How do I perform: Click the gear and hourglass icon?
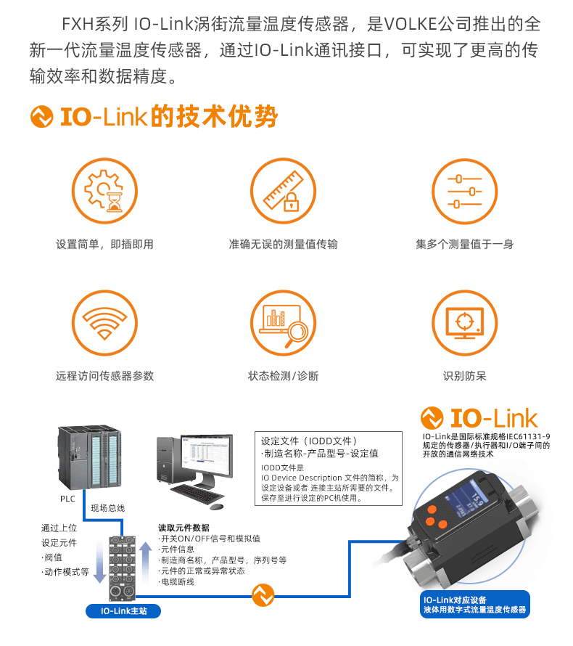tap(104, 191)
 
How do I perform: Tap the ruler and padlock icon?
tap(283, 191)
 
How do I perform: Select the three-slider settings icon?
tap(464, 191)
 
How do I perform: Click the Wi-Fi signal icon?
tap(104, 322)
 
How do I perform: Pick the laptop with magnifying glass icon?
tap(283, 322)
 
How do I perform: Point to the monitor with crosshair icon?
tap(464, 322)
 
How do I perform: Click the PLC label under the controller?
tap(67, 499)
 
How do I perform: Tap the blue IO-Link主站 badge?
tap(123, 611)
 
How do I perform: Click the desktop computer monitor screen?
tap(206, 455)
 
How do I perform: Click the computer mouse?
tap(216, 507)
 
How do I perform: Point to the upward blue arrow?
tap(145, 562)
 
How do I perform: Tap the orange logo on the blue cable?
tap(263, 595)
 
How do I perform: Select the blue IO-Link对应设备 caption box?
tap(474, 605)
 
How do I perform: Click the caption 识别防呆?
tap(464, 376)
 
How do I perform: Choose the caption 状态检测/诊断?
tap(283, 376)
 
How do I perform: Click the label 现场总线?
tap(107, 508)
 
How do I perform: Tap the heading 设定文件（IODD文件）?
tap(309, 441)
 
